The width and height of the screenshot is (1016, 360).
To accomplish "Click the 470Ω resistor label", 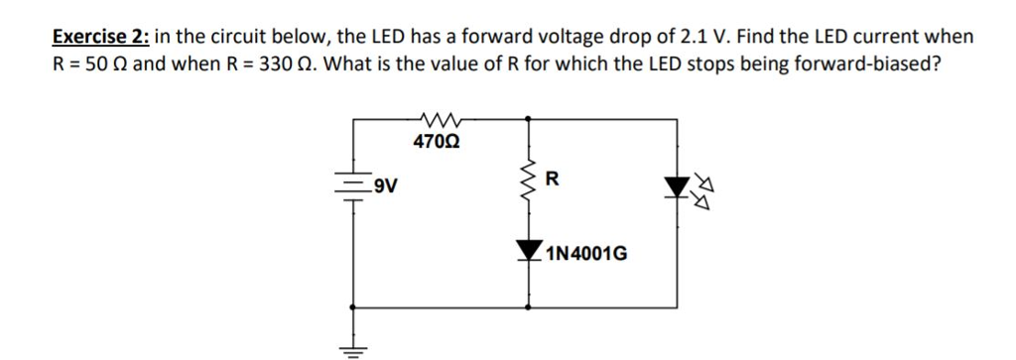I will coord(436,141).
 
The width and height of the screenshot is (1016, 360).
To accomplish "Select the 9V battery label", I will coord(377,184).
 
